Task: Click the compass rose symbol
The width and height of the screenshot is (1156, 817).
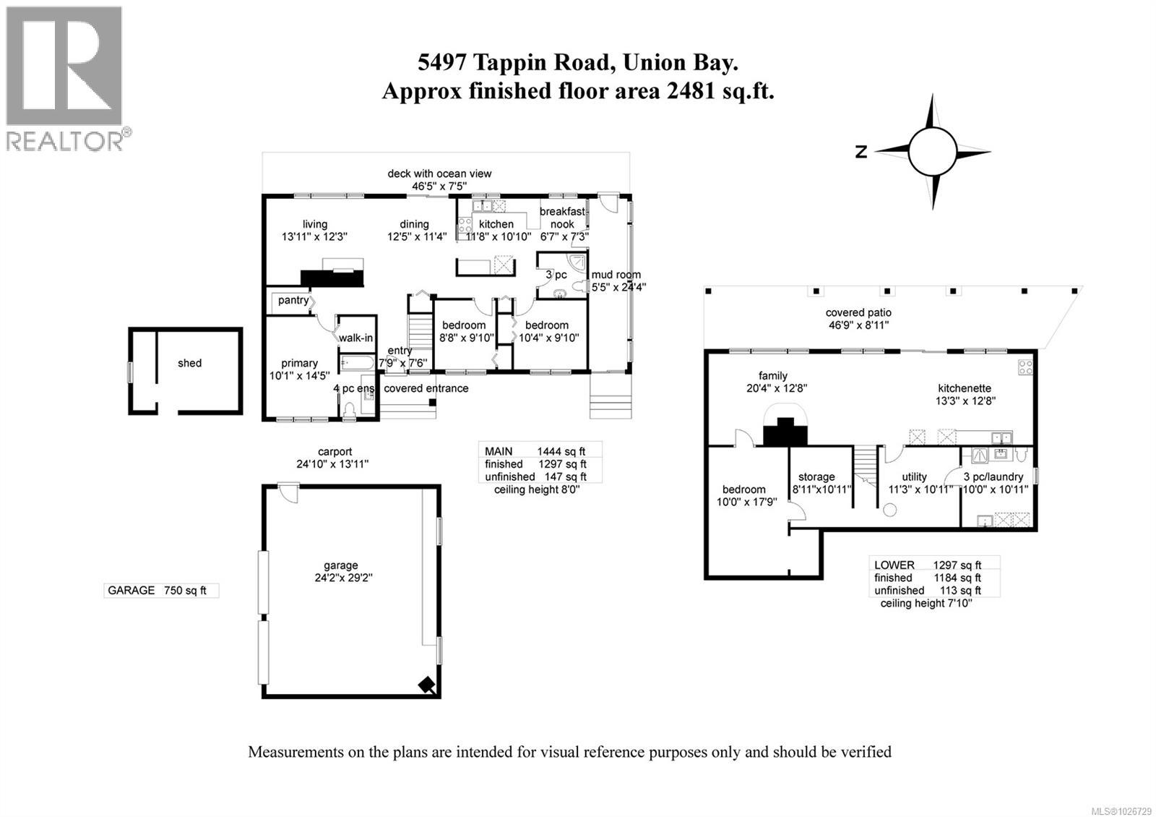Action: (x=933, y=152)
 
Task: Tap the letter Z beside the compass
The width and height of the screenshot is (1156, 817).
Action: (x=860, y=152)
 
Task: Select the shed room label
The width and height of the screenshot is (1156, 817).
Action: (x=189, y=363)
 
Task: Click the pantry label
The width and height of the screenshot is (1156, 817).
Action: (x=293, y=300)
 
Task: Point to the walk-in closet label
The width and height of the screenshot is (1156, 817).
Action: (x=356, y=338)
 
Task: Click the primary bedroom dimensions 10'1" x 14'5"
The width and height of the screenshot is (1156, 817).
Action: (x=299, y=376)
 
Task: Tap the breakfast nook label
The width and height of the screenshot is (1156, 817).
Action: (x=563, y=218)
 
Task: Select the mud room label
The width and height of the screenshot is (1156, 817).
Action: (x=616, y=275)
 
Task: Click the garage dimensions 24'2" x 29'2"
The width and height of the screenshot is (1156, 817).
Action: (x=340, y=578)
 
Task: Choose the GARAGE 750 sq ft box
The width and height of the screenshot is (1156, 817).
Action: (x=160, y=591)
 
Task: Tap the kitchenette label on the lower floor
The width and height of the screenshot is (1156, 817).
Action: (x=965, y=388)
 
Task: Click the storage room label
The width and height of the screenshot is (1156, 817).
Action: (x=816, y=477)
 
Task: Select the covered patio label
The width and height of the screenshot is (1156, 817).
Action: (x=858, y=313)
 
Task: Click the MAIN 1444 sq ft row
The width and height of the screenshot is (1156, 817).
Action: (x=535, y=452)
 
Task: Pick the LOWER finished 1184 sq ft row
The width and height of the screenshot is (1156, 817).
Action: (x=927, y=578)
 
